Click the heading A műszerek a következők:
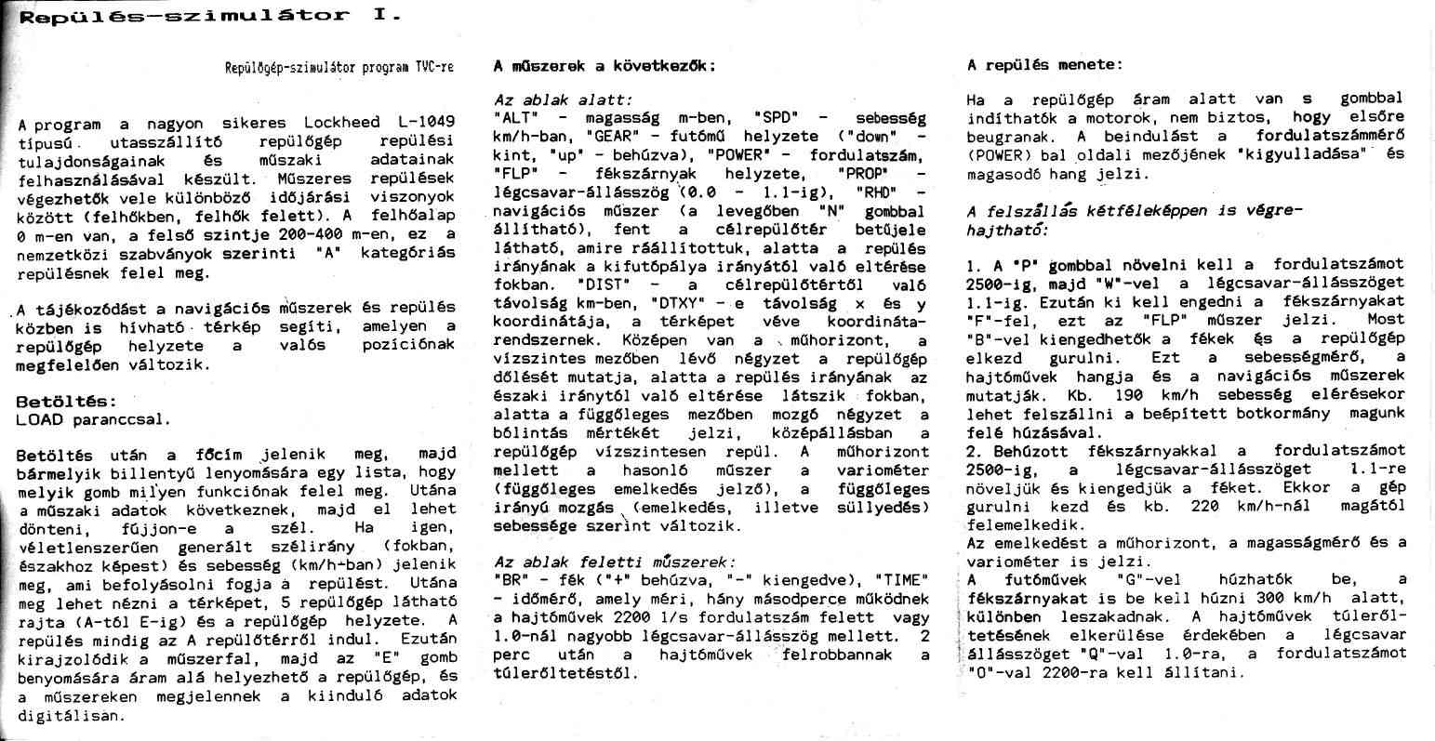(605, 66)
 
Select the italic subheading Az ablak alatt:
(564, 99)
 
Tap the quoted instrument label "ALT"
(513, 119)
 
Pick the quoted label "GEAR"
(610, 137)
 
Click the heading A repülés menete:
(1044, 65)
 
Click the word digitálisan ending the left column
(71, 717)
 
